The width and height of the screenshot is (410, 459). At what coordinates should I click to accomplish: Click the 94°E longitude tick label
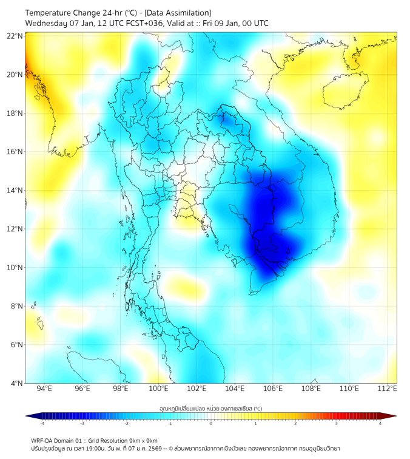pyautogui.click(x=44, y=389)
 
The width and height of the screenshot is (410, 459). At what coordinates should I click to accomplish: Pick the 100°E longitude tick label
pyautogui.click(x=159, y=389)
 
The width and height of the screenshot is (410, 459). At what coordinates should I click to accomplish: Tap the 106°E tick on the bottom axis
pyautogui.click(x=274, y=389)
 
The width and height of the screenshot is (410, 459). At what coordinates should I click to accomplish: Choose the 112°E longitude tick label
pyautogui.click(x=388, y=389)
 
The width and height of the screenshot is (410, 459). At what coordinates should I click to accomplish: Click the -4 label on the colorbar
pyautogui.click(x=42, y=424)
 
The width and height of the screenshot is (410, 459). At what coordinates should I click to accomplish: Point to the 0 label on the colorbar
pyautogui.click(x=211, y=424)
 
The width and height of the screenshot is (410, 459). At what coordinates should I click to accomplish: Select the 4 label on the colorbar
pyautogui.click(x=380, y=424)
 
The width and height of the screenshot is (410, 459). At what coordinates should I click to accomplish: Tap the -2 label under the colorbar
pyautogui.click(x=126, y=424)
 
